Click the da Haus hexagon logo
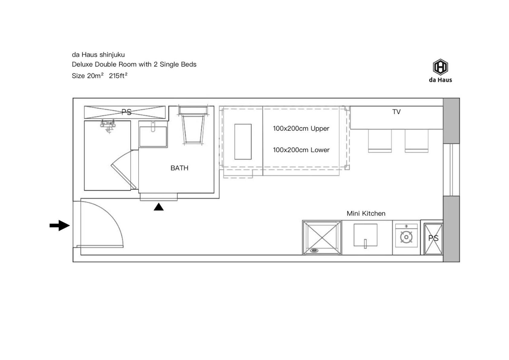[440, 67]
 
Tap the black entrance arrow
[60, 225]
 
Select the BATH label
[179, 168]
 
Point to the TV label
[396, 112]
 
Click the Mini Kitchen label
[366, 213]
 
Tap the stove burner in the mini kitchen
[406, 237]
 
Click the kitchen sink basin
[365, 235]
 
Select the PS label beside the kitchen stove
[433, 238]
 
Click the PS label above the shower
[126, 112]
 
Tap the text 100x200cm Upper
[301, 129]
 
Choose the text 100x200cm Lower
[301, 150]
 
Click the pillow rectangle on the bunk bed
[243, 142]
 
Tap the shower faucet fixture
[108, 125]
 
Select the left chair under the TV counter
[380, 141]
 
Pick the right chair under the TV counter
[417, 141]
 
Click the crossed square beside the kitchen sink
[322, 238]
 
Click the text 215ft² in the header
[118, 76]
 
